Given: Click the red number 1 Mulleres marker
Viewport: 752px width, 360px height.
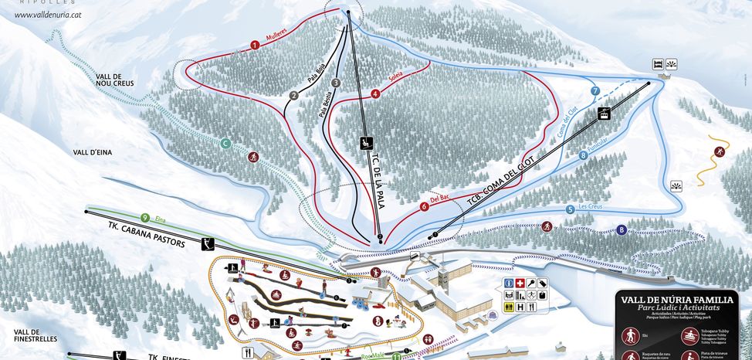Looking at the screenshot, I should pos(254,45).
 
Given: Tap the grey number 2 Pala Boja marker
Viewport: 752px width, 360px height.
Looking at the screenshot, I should pos(293,96).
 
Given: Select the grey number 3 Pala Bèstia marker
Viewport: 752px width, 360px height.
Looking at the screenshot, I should pos(335,83).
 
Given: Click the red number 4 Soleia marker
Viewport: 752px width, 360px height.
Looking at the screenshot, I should pos(375,93).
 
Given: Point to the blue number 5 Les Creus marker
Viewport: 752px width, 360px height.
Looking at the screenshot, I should pos(571,209).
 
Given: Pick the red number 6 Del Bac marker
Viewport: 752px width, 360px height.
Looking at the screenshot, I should pos(424,207).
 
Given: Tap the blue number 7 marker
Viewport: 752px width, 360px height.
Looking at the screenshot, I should pos(595,91).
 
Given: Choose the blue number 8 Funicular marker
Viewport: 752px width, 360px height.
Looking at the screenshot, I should pos(583,155).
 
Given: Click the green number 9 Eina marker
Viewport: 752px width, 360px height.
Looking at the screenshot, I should pos(145,218).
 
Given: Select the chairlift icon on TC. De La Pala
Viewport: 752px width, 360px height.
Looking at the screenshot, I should pos(368,141).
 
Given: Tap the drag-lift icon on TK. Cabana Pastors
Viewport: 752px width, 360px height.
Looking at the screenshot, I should pos(206,244).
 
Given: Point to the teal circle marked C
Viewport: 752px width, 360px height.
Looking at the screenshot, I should pos(226,143).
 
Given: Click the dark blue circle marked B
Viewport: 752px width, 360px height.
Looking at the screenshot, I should pos(622,229).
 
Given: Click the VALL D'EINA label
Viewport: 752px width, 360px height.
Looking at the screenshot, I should pos(93,153).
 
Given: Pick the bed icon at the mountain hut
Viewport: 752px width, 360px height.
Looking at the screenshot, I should pos(658,63).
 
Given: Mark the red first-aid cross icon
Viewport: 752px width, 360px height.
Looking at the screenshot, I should pos(520,283).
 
